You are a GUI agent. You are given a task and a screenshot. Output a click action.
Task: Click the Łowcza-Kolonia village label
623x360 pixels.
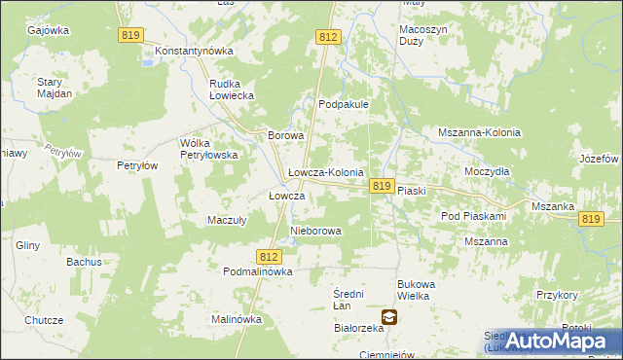click(x=326, y=172)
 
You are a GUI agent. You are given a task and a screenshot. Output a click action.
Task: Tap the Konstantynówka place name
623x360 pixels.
click(x=202, y=50)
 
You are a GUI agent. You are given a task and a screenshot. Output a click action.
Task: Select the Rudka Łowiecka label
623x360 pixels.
click(x=232, y=90)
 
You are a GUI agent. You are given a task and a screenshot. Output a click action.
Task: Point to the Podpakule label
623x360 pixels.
click(x=342, y=104)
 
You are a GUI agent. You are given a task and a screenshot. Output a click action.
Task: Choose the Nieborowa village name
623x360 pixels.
click(x=316, y=232)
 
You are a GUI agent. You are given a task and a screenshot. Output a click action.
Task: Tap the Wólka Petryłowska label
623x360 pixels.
click(x=209, y=149)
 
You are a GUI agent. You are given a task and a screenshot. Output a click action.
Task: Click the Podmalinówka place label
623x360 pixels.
click(x=258, y=272)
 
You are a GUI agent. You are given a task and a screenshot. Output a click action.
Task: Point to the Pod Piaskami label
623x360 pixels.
click(x=474, y=216)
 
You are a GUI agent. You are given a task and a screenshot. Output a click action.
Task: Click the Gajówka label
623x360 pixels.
click(x=49, y=30)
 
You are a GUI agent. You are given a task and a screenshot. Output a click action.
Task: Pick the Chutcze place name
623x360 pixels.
click(x=44, y=320)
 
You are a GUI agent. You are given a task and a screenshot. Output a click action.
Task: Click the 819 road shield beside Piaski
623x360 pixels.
click(x=382, y=186)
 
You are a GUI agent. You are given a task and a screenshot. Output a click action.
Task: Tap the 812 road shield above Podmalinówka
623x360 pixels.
click(x=271, y=256)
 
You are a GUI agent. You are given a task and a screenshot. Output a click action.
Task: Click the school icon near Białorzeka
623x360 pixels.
click(x=389, y=316)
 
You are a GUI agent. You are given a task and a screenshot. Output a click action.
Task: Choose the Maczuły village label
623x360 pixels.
click(x=226, y=220)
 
